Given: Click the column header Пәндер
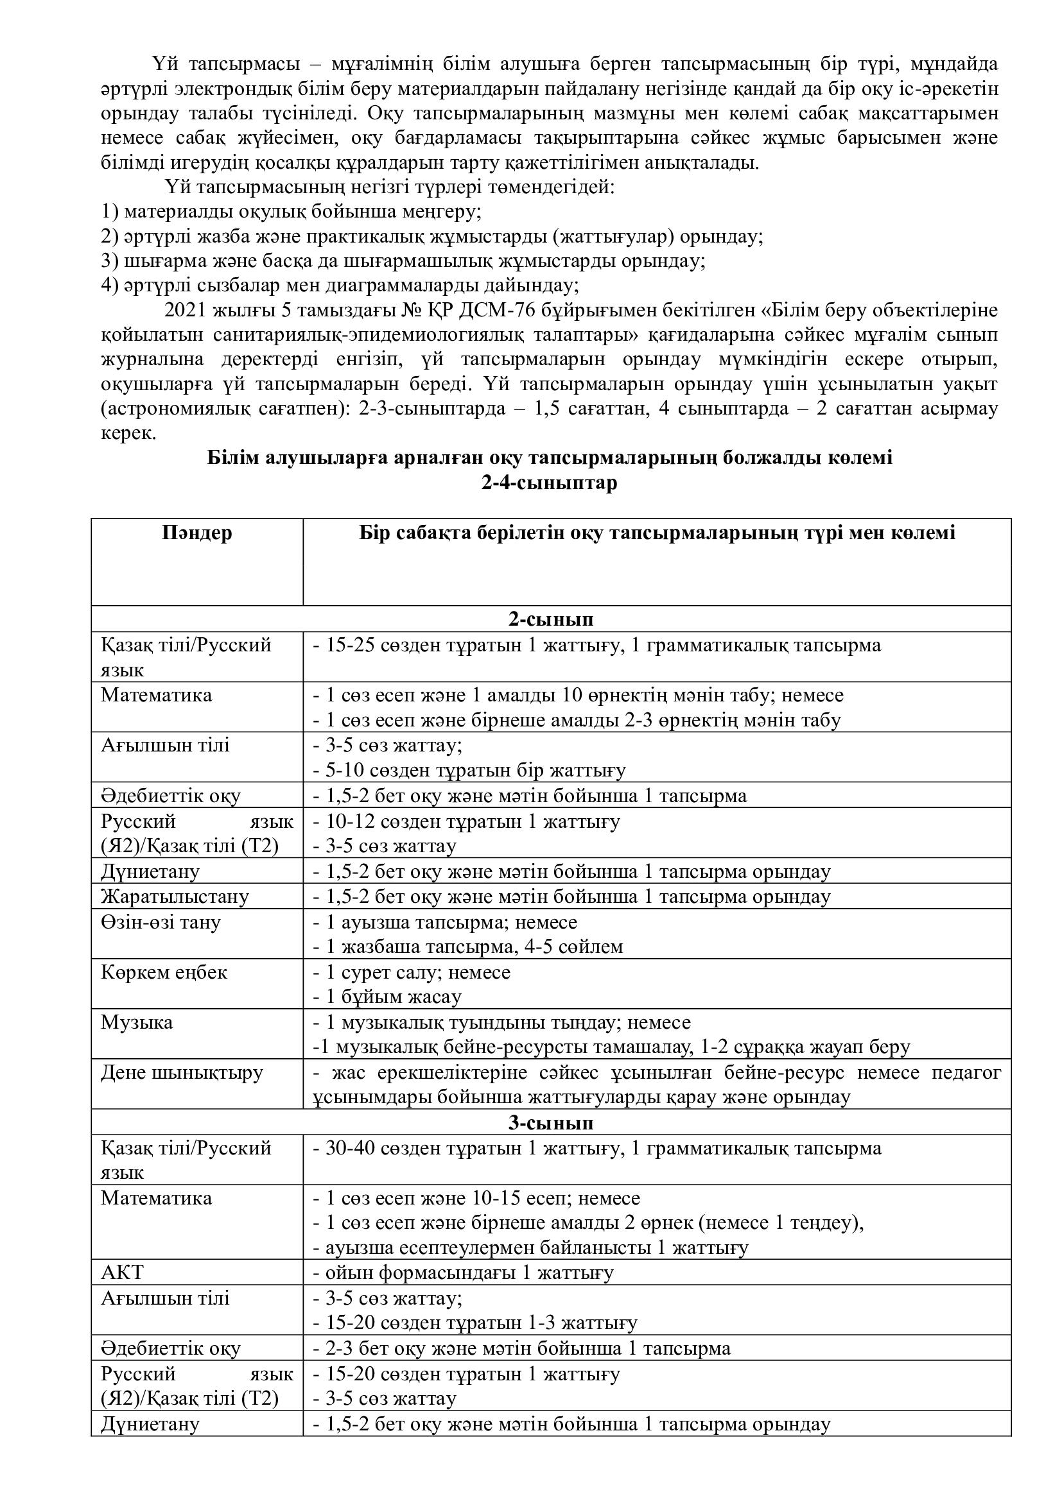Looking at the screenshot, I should point(197,533).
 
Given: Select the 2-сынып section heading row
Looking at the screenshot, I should point(551,619).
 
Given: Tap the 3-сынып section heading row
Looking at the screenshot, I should point(551,1122).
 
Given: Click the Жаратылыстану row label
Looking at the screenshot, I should point(175,896).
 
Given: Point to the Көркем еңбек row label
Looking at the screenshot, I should point(164,972).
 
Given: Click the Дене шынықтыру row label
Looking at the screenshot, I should point(182,1073).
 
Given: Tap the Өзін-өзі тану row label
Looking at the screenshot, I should point(161,922).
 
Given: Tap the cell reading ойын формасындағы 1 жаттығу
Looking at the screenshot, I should point(469,1273).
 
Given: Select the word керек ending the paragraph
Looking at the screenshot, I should point(128,433).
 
